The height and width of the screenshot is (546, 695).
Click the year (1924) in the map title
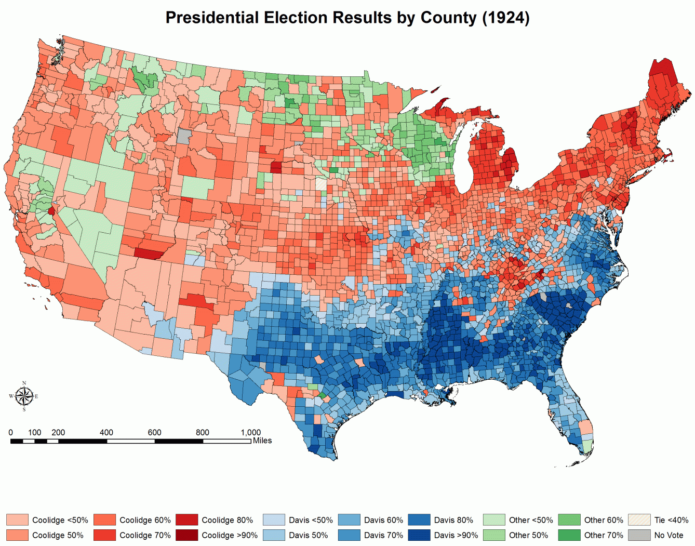[505, 18]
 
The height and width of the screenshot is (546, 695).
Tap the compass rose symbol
[24, 396]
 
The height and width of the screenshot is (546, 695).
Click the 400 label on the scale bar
[106, 432]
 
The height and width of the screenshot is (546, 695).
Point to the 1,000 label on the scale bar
[250, 432]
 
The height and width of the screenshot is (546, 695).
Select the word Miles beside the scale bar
[262, 441]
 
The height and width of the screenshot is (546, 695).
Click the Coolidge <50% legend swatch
[17, 520]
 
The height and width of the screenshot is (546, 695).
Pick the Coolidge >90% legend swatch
[186, 535]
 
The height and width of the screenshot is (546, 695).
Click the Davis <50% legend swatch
[274, 520]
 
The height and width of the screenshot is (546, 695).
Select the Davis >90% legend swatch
[419, 535]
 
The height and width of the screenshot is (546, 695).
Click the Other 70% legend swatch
[569, 535]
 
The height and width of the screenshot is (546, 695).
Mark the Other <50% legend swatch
[494, 520]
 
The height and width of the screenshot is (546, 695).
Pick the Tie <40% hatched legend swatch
[639, 520]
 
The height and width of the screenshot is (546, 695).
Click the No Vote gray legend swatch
[639, 535]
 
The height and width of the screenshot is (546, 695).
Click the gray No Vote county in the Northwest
[184, 137]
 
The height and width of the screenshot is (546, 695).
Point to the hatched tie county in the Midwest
[322, 184]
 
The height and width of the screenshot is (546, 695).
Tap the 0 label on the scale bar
[10, 432]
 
